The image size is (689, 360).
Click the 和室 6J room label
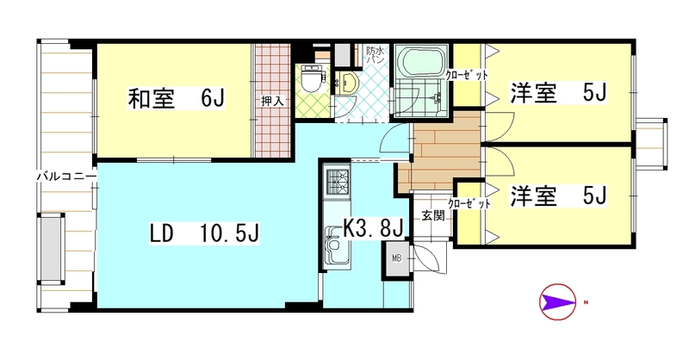tap(177, 98)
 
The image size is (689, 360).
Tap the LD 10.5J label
tap(204, 233)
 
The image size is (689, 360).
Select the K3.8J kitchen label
tap(373, 228)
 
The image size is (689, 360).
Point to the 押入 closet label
tap(272, 101)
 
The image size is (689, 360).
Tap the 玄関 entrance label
tap(433, 215)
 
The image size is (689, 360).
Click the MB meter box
tap(397, 258)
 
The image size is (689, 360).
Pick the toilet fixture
tap(313, 79)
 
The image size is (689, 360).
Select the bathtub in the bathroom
tap(420, 63)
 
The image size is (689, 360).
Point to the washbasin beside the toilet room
tap(349, 83)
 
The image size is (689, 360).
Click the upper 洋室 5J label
tap(558, 93)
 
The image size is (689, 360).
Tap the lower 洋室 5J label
tap(558, 196)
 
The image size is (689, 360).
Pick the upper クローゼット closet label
tap(467, 75)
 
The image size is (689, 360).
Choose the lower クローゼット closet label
tap(469, 204)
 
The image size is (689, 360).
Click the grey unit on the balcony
tap(53, 249)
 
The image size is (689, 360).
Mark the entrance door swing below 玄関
tap(428, 259)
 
